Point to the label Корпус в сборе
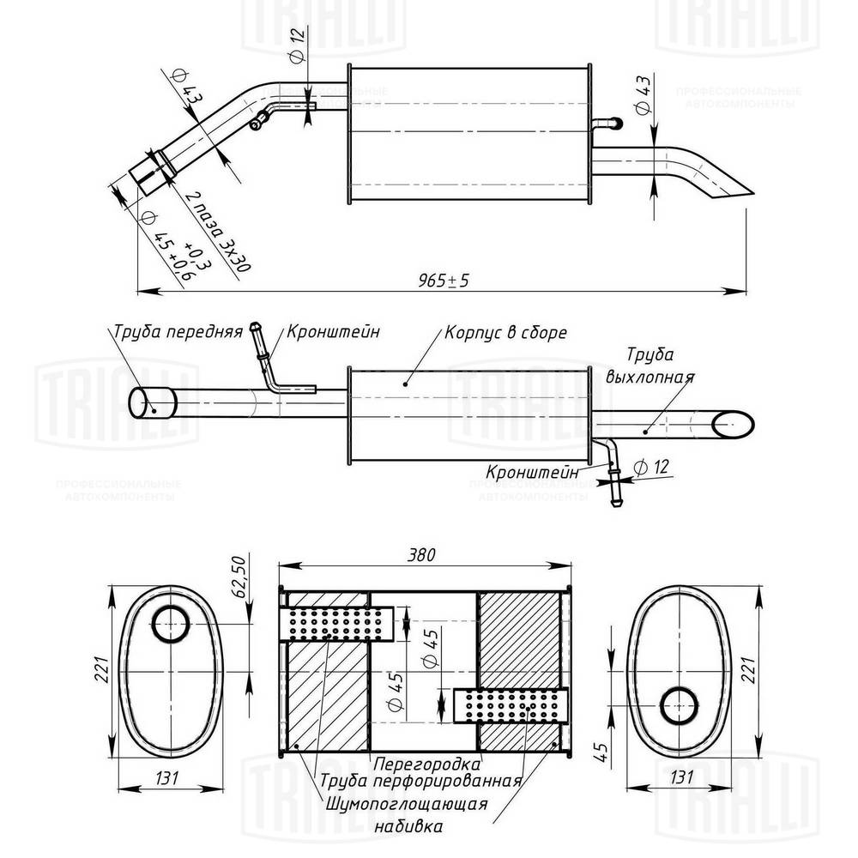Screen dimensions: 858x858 click(505, 333)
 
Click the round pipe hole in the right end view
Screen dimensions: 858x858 click(679, 704)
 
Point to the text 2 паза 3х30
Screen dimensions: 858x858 click(219, 232)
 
